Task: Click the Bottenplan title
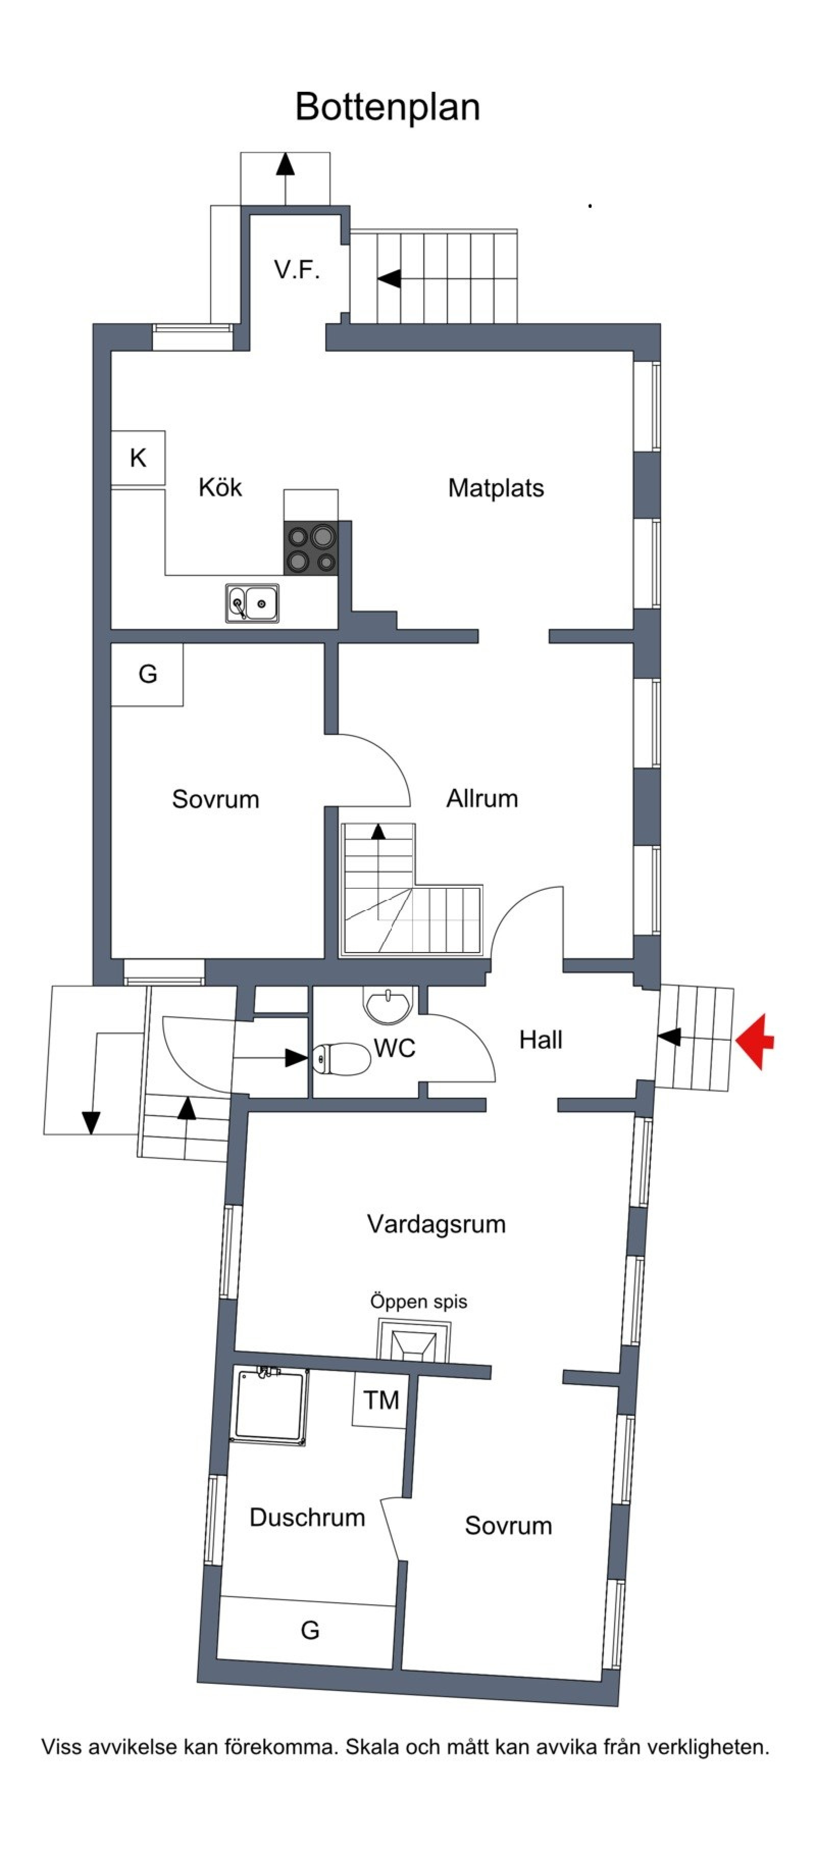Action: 387,107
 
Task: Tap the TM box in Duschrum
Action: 380,1400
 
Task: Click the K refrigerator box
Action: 138,458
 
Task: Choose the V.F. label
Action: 296,271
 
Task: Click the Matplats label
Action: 496,488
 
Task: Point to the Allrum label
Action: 482,799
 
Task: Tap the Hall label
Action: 541,1040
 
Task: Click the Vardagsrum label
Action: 436,1224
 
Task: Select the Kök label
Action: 220,488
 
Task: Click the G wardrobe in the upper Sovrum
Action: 147,674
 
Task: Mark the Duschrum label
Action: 307,1517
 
